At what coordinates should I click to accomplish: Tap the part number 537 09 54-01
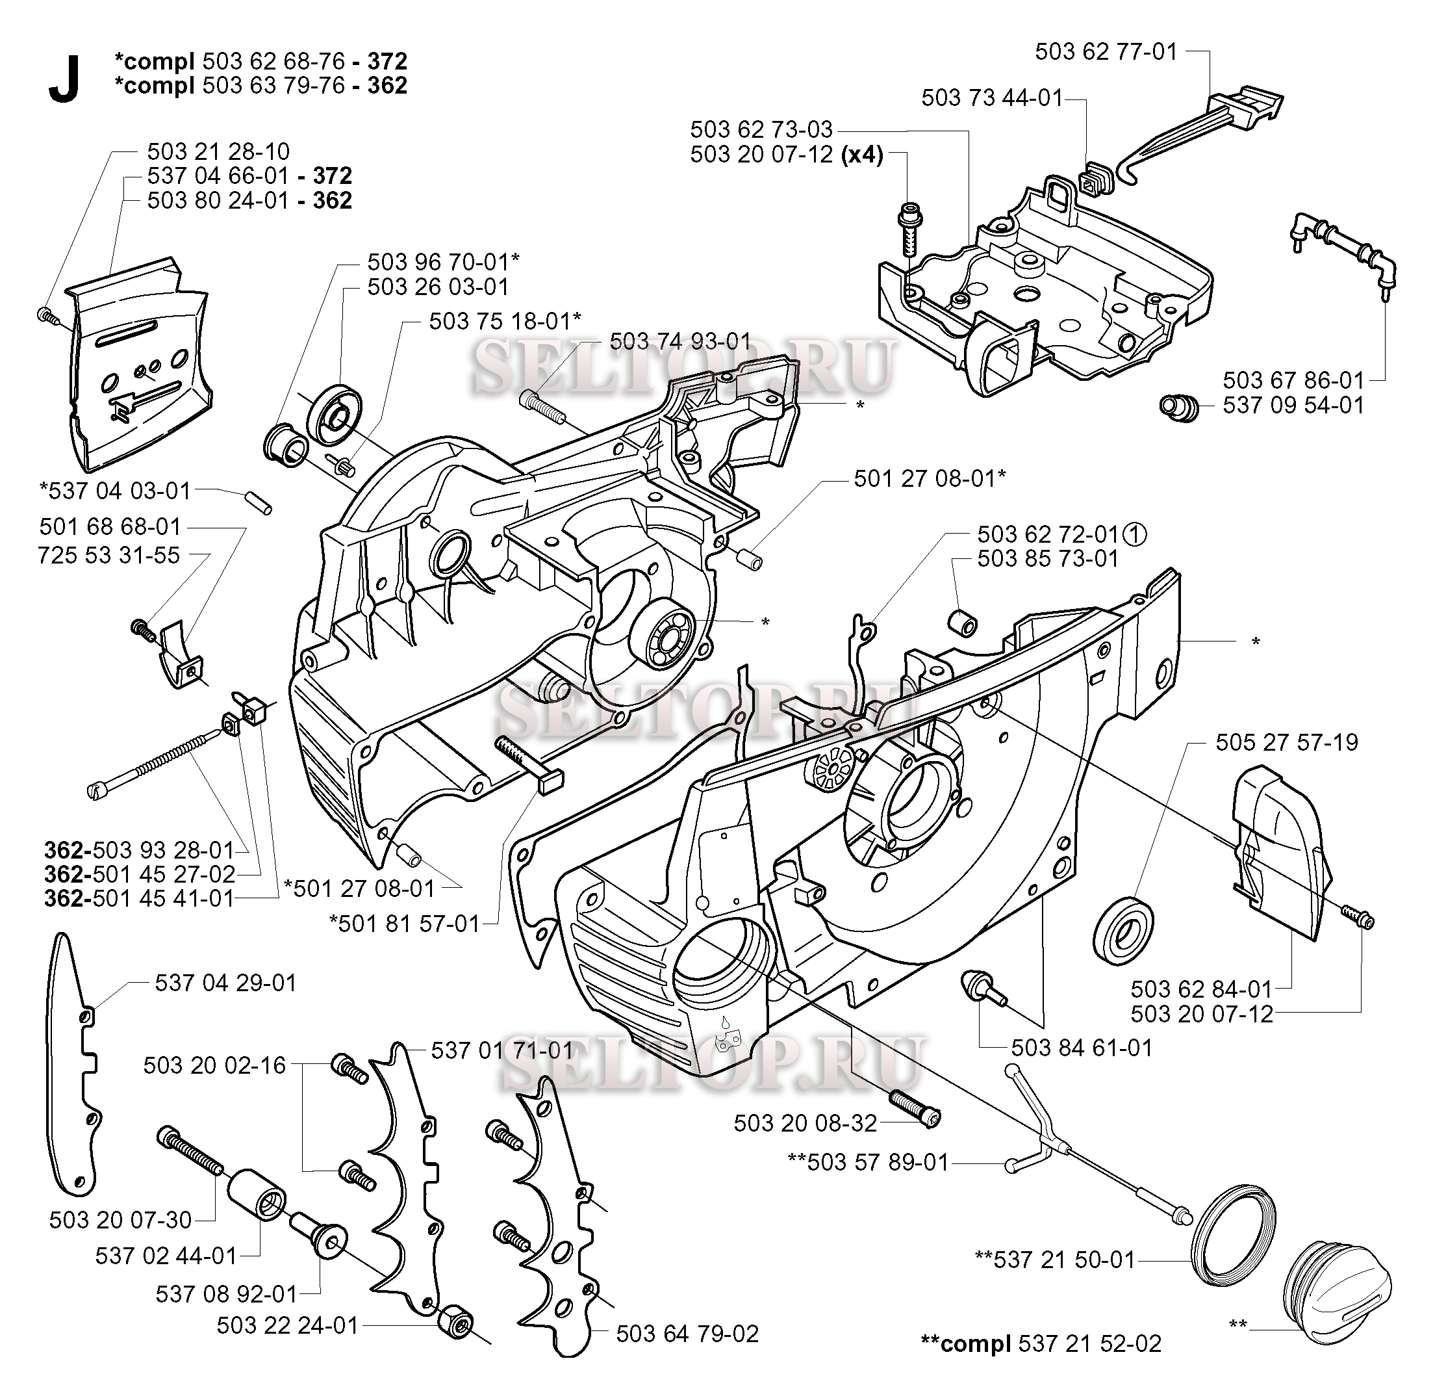pos(1293,406)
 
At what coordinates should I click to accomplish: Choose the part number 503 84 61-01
pos(1082,1048)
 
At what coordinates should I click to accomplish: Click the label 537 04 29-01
pos(226,983)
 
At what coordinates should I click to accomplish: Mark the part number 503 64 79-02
pos(687,1334)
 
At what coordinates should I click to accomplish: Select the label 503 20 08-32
pos(805,1124)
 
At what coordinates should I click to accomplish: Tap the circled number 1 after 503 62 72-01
pos(1136,534)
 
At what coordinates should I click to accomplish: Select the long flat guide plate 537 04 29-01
pos(76,1063)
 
